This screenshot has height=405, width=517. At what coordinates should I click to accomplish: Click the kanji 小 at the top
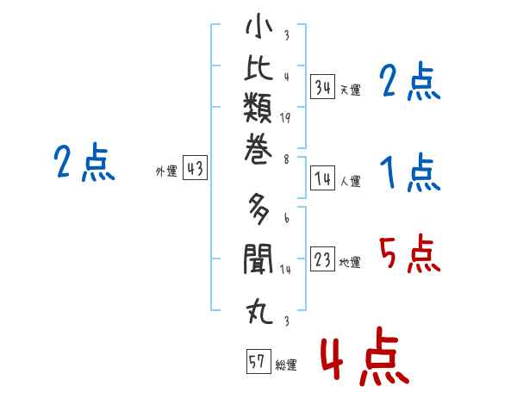point(259,27)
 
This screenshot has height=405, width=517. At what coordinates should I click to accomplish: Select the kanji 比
point(258,67)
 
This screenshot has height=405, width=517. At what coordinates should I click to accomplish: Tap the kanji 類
point(258,108)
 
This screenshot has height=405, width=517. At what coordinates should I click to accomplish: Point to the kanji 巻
point(258,149)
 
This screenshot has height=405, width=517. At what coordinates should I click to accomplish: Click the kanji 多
point(258,209)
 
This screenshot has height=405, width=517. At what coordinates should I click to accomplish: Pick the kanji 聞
point(258,259)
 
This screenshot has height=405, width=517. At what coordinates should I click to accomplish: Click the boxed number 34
point(322,86)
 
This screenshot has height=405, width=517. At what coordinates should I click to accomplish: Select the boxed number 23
point(322,259)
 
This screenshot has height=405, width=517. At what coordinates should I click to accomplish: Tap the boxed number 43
point(195,167)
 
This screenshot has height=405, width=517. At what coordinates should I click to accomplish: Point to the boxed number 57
point(258,361)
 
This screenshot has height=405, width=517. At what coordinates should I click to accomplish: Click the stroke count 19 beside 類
point(285,118)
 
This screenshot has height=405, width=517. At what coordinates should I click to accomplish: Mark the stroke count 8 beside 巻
point(286,159)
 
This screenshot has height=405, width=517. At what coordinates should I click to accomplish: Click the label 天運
point(351,90)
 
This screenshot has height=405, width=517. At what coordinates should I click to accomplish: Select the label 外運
point(166,171)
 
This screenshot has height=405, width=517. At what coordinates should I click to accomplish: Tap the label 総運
point(286,364)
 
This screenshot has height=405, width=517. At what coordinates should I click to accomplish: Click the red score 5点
point(409,254)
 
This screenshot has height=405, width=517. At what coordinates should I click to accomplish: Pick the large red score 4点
point(365,356)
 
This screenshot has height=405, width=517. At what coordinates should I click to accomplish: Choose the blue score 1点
point(410,173)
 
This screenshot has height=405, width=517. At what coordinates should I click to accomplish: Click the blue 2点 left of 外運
point(84,162)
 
